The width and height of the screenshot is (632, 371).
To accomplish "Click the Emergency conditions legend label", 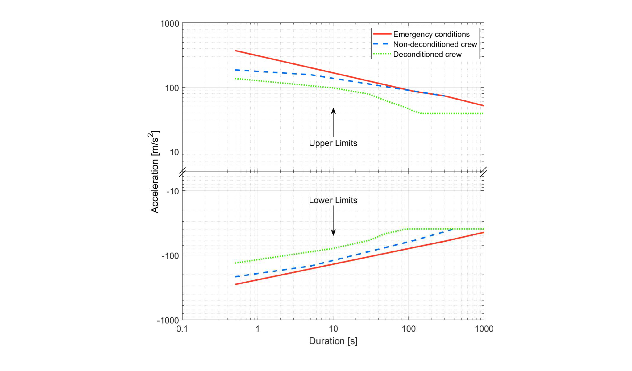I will click(x=431, y=34).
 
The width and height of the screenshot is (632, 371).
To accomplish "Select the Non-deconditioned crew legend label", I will click(x=435, y=44).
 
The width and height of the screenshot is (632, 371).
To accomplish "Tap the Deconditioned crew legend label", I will click(x=427, y=55).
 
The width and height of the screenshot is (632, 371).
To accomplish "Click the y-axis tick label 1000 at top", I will click(x=169, y=24).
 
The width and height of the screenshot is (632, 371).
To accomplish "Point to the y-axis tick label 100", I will click(x=172, y=88).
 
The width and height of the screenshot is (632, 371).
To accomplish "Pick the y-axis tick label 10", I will click(x=174, y=152).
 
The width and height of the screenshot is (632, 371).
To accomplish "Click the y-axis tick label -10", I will click(x=173, y=191).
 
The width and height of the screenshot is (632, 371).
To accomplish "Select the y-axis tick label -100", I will click(x=170, y=256).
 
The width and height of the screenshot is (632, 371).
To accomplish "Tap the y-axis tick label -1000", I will click(x=168, y=320).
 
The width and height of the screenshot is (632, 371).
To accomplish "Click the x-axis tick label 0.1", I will click(x=182, y=329).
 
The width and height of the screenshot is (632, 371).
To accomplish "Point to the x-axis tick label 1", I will click(x=258, y=329).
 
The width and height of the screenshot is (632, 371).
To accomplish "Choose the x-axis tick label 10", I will click(x=333, y=329).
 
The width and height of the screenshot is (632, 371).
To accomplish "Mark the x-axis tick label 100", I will click(x=409, y=329).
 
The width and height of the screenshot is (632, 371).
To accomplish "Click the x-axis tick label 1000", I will click(x=484, y=329).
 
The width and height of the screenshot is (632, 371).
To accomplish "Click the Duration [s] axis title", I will click(x=333, y=341).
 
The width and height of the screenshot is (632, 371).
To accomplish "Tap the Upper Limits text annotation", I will click(x=333, y=143).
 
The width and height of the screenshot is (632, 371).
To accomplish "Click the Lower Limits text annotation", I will click(x=333, y=200).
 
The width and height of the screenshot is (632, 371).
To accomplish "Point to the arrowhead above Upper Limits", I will click(x=333, y=111).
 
